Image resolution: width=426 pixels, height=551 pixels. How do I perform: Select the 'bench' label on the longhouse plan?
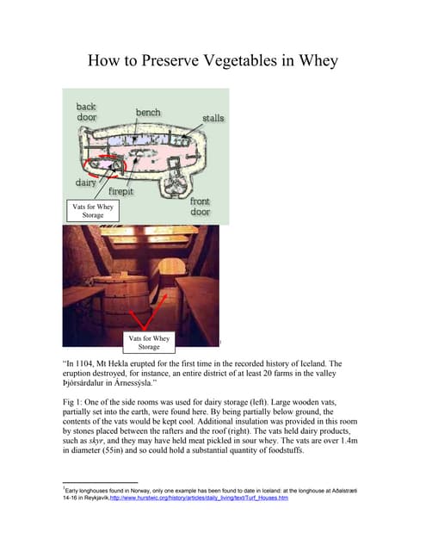(x=147, y=113)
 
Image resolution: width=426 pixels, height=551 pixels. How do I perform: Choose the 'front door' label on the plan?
(x=200, y=207)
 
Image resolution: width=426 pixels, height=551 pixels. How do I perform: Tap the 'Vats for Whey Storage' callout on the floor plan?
(x=92, y=210)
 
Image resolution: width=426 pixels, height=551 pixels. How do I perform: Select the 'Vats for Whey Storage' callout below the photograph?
(x=149, y=344)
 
